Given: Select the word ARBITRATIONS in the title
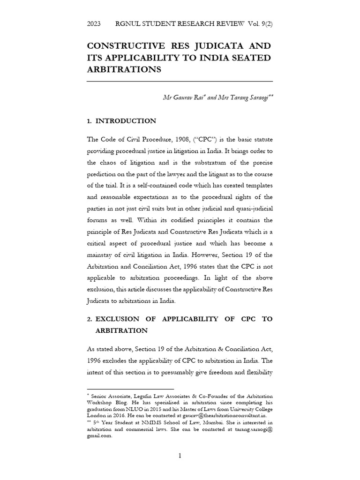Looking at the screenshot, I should (x=124, y=69).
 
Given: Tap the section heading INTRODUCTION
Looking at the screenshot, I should (x=126, y=121).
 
